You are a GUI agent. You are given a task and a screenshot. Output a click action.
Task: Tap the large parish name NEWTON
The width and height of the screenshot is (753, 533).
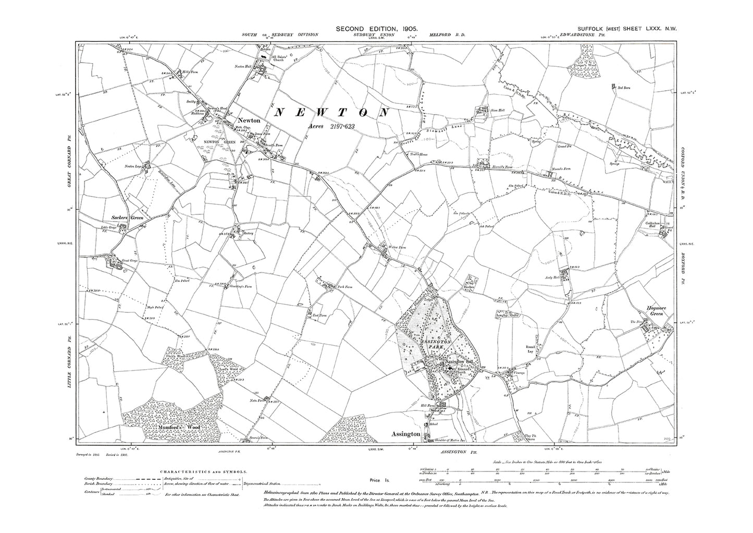[332, 112]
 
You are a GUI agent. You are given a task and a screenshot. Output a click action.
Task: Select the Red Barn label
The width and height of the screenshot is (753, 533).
[624, 88]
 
